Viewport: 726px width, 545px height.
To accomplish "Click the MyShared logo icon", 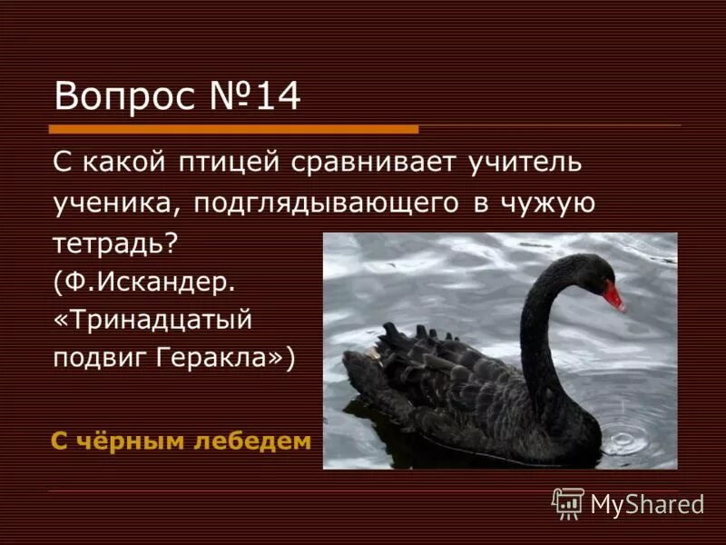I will pyautogui.click(x=568, y=502).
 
